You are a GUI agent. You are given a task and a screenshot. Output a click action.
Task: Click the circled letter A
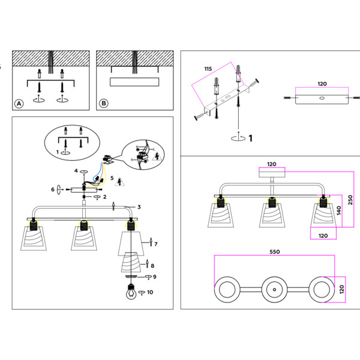pyautogui.click(x=19, y=103)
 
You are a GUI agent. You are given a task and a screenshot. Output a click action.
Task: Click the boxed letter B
pyautogui.click(x=104, y=103)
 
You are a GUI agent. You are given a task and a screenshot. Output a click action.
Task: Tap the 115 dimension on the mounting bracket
pyautogui.click(x=208, y=70)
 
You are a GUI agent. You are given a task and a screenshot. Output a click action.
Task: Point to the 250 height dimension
pyautogui.click(x=350, y=199)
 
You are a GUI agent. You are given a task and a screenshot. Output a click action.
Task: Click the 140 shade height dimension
pyautogui.click(x=338, y=210)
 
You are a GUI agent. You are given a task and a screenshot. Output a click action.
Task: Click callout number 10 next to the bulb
pyautogui.click(x=150, y=293)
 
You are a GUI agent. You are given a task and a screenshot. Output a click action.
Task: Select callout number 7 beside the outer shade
pyautogui.click(x=155, y=244)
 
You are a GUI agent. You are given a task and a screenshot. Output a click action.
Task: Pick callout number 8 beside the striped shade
pyautogui.click(x=152, y=265)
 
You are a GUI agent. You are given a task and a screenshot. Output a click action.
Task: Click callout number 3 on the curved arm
pyautogui.click(x=139, y=207)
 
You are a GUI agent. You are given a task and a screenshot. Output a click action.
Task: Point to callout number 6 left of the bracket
pyautogui.click(x=53, y=190)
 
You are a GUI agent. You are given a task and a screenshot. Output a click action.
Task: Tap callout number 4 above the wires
pyautogui.click(x=76, y=171)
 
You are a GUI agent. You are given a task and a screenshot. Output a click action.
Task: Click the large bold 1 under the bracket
pyautogui.click(x=250, y=138)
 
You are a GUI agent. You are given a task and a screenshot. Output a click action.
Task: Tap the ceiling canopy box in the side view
pyautogui.click(x=271, y=173)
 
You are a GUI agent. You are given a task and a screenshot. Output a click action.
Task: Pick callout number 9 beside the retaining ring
pyautogui.click(x=154, y=277)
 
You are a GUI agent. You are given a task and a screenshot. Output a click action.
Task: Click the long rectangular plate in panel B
pyautogui.click(x=134, y=82)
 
